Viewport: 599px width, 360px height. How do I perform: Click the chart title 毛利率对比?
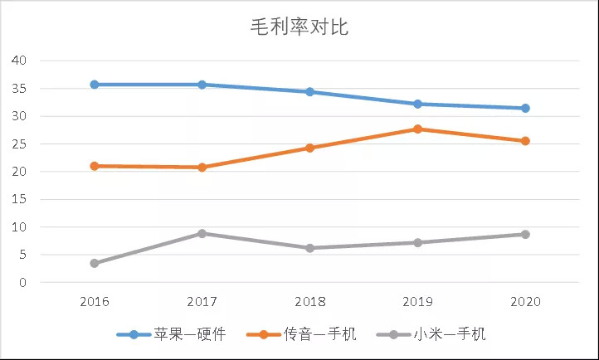pos(299,27)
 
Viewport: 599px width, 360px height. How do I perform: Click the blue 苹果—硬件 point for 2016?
pos(95,85)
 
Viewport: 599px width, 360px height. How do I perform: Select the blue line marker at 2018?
pos(309,92)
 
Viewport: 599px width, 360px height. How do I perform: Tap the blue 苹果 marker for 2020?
pos(525,109)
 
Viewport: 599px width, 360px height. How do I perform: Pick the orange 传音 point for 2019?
pos(417,129)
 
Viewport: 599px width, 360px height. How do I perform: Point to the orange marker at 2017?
pos(202,168)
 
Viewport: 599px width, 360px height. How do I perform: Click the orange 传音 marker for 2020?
pos(525,141)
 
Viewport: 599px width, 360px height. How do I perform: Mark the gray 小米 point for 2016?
pos(95,264)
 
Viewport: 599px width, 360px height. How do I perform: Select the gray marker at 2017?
pos(202,233)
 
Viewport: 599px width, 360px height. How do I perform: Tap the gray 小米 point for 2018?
pos(309,248)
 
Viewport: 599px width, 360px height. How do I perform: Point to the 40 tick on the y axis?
pos(20,61)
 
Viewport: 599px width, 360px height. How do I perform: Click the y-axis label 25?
pos(20,144)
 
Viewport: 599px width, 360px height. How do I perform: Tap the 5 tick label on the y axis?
pos(23,255)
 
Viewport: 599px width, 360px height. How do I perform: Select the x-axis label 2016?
pos(95,301)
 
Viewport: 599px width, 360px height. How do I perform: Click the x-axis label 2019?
pos(417,301)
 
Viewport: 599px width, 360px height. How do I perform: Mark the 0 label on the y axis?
pos(23,283)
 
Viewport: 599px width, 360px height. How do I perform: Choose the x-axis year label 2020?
pos(525,301)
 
